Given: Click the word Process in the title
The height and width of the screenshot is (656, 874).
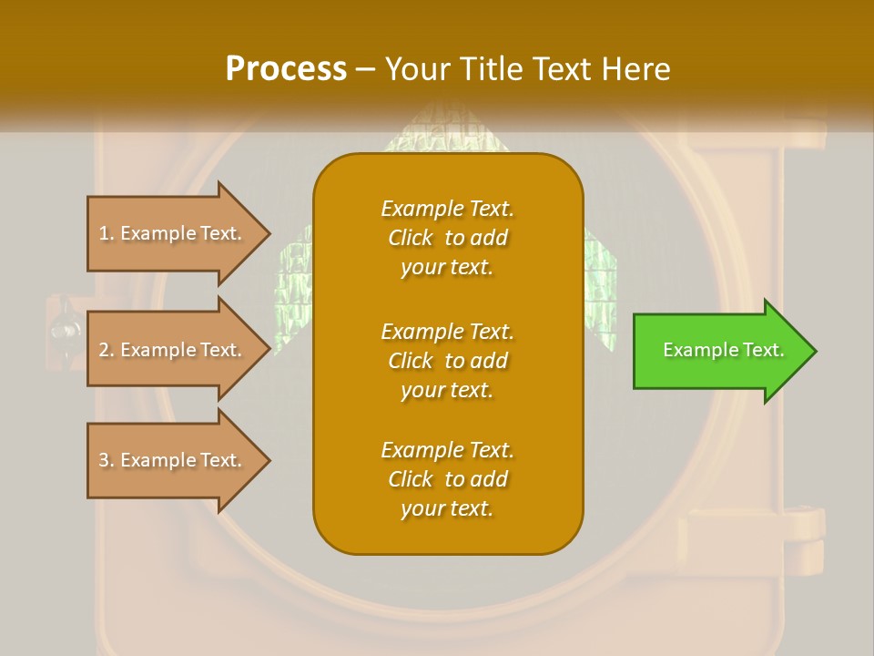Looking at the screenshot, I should [x=286, y=69].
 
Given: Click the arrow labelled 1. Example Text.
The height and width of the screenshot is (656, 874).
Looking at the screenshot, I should [x=173, y=233].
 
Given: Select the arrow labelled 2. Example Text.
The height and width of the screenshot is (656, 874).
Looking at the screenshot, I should [x=173, y=350].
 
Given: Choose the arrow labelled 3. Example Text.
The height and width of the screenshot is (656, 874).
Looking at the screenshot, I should [x=173, y=460].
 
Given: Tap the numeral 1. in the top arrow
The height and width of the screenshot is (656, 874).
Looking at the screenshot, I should [x=107, y=233].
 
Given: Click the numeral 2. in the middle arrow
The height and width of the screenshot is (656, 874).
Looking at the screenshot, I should [x=107, y=350].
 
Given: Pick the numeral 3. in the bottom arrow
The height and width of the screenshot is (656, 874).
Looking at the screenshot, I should [x=107, y=460].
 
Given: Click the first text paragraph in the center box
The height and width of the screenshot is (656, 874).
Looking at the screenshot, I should [x=447, y=238].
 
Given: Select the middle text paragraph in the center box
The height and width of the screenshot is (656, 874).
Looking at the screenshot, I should [x=447, y=361].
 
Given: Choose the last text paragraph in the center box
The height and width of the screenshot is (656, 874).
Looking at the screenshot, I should [x=447, y=479].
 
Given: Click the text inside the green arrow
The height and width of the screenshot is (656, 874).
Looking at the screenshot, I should [x=723, y=350].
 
